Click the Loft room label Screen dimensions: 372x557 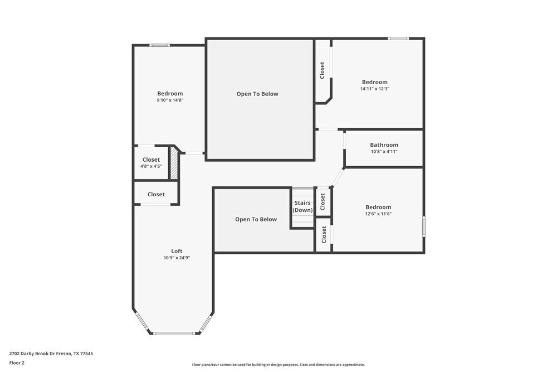click(x=177, y=251)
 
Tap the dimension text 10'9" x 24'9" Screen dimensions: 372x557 click(x=177, y=258)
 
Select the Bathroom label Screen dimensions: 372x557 click(x=384, y=145)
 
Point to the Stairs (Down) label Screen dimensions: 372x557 click(x=302, y=206)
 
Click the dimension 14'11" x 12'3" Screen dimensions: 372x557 click(x=374, y=89)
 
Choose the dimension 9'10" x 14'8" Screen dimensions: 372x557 click(x=170, y=100)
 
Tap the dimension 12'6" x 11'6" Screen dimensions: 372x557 click(x=378, y=214)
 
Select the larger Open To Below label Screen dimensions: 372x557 click(x=257, y=94)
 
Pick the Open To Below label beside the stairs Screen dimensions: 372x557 click(x=256, y=219)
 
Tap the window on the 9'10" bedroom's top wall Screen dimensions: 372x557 click(x=159, y=45)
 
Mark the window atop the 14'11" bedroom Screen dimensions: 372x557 click(x=398, y=38)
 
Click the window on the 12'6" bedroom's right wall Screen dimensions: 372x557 click(x=424, y=226)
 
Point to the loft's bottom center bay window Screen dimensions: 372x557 click(x=174, y=334)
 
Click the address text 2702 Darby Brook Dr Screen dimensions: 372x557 click(x=51, y=353)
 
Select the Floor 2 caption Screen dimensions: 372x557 click(x=17, y=363)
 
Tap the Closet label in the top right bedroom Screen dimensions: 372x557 click(x=322, y=70)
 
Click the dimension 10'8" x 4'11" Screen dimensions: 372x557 click(x=384, y=151)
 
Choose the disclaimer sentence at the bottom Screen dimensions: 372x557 click(x=278, y=365)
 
